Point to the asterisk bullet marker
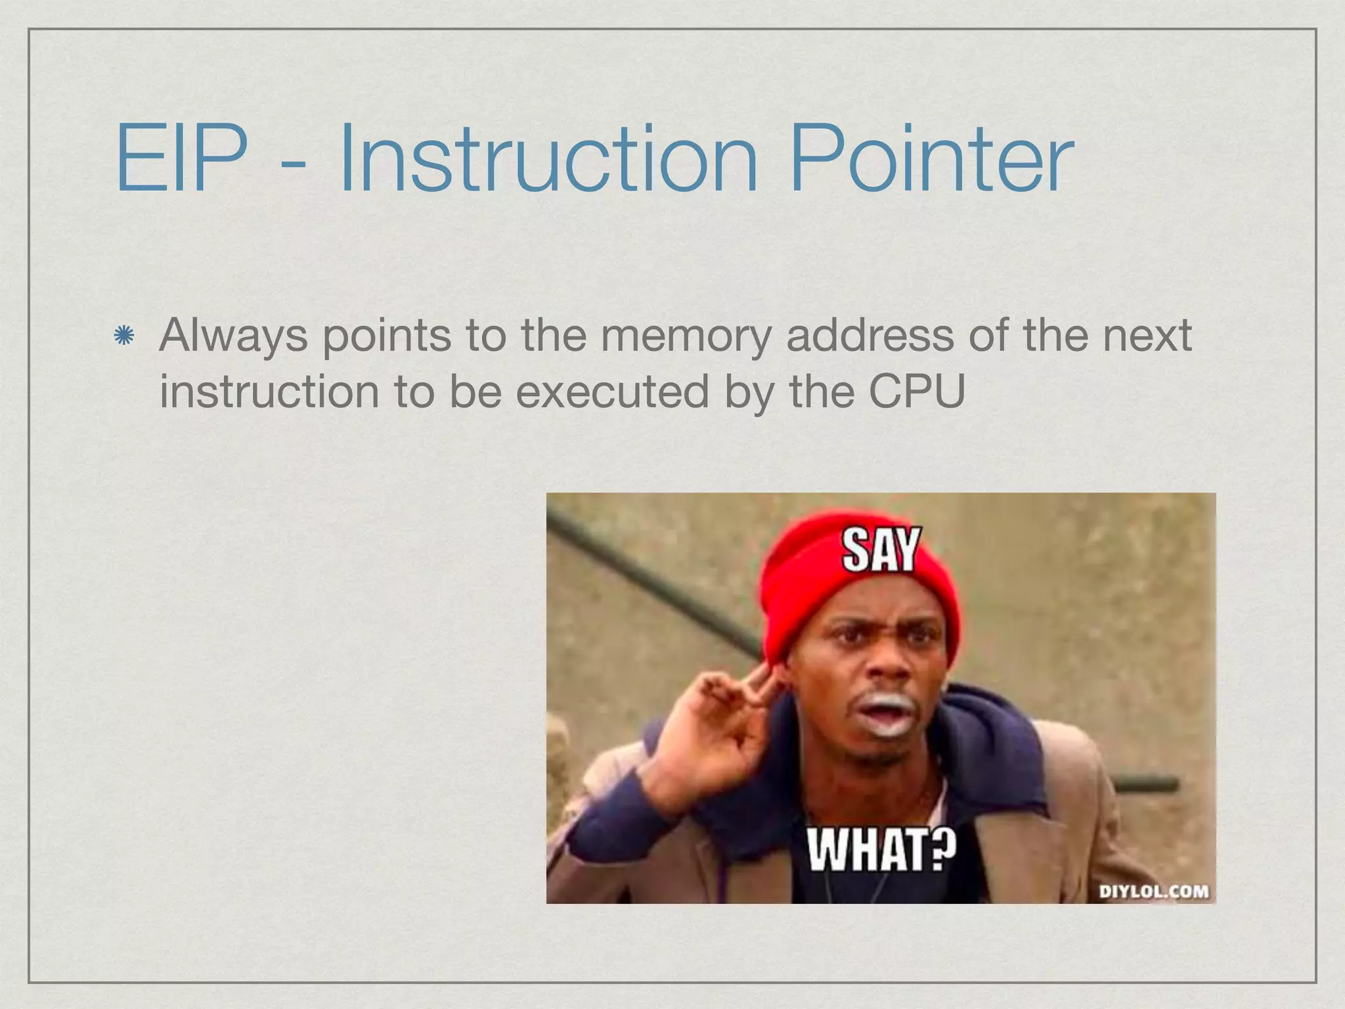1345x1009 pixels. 123,337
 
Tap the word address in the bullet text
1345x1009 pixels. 870,336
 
